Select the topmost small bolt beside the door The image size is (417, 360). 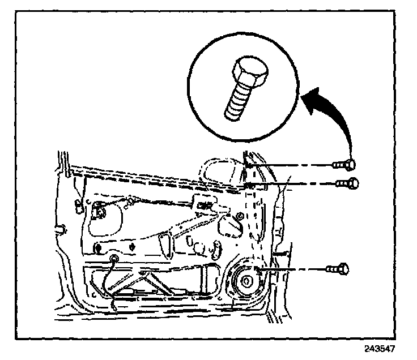(343, 165)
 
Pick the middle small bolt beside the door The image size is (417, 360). (345, 183)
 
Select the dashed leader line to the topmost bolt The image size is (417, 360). (295, 165)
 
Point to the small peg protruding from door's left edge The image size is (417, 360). (58, 229)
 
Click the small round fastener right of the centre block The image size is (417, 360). (240, 216)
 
